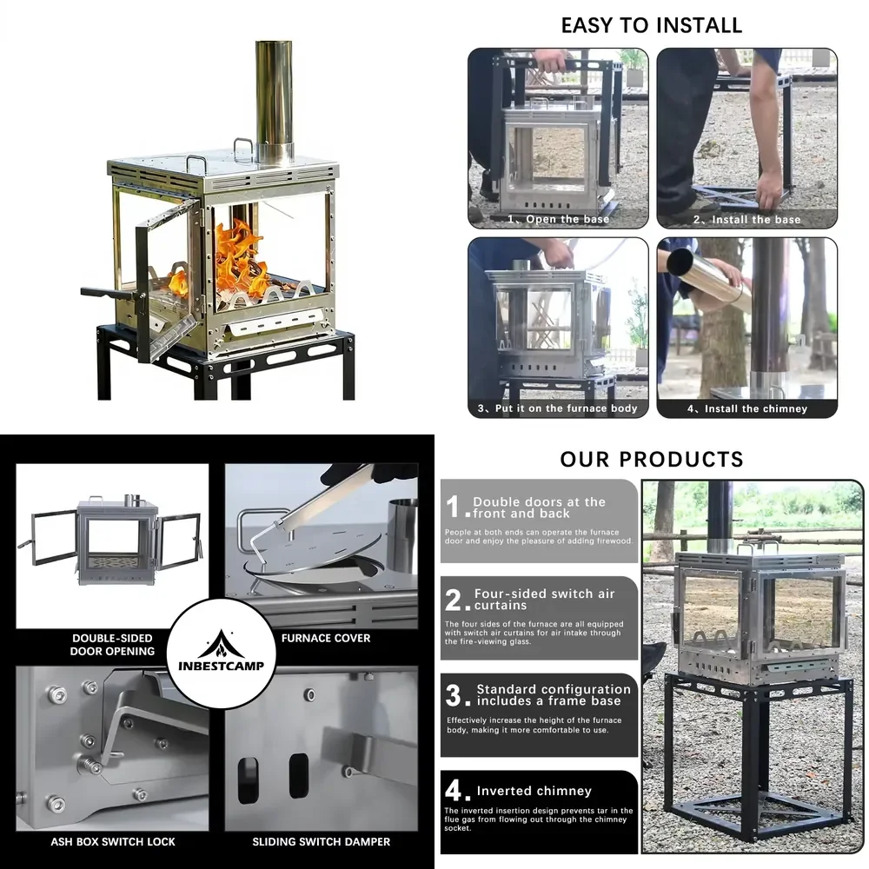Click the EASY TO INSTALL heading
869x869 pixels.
pos(651,25)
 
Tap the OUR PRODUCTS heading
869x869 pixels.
pos(652,460)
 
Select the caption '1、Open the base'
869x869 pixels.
pos(558,219)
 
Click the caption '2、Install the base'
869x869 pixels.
pos(746,220)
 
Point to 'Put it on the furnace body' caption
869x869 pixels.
pos(566,408)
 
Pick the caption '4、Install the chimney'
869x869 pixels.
pos(747,408)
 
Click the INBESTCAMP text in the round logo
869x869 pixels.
pos(221,666)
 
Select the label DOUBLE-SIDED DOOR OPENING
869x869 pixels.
pos(112,645)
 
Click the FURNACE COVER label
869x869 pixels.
pos(326,638)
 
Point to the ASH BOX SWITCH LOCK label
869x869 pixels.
pos(113,842)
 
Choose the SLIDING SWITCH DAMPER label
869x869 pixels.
pos(322,842)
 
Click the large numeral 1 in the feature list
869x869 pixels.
pos(453,507)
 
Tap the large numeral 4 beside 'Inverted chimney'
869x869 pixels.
pos(454,790)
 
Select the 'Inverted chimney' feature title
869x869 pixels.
pos(534,791)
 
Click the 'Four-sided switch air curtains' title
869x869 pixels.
pos(544,599)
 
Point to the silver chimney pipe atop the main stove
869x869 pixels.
pos(275,100)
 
